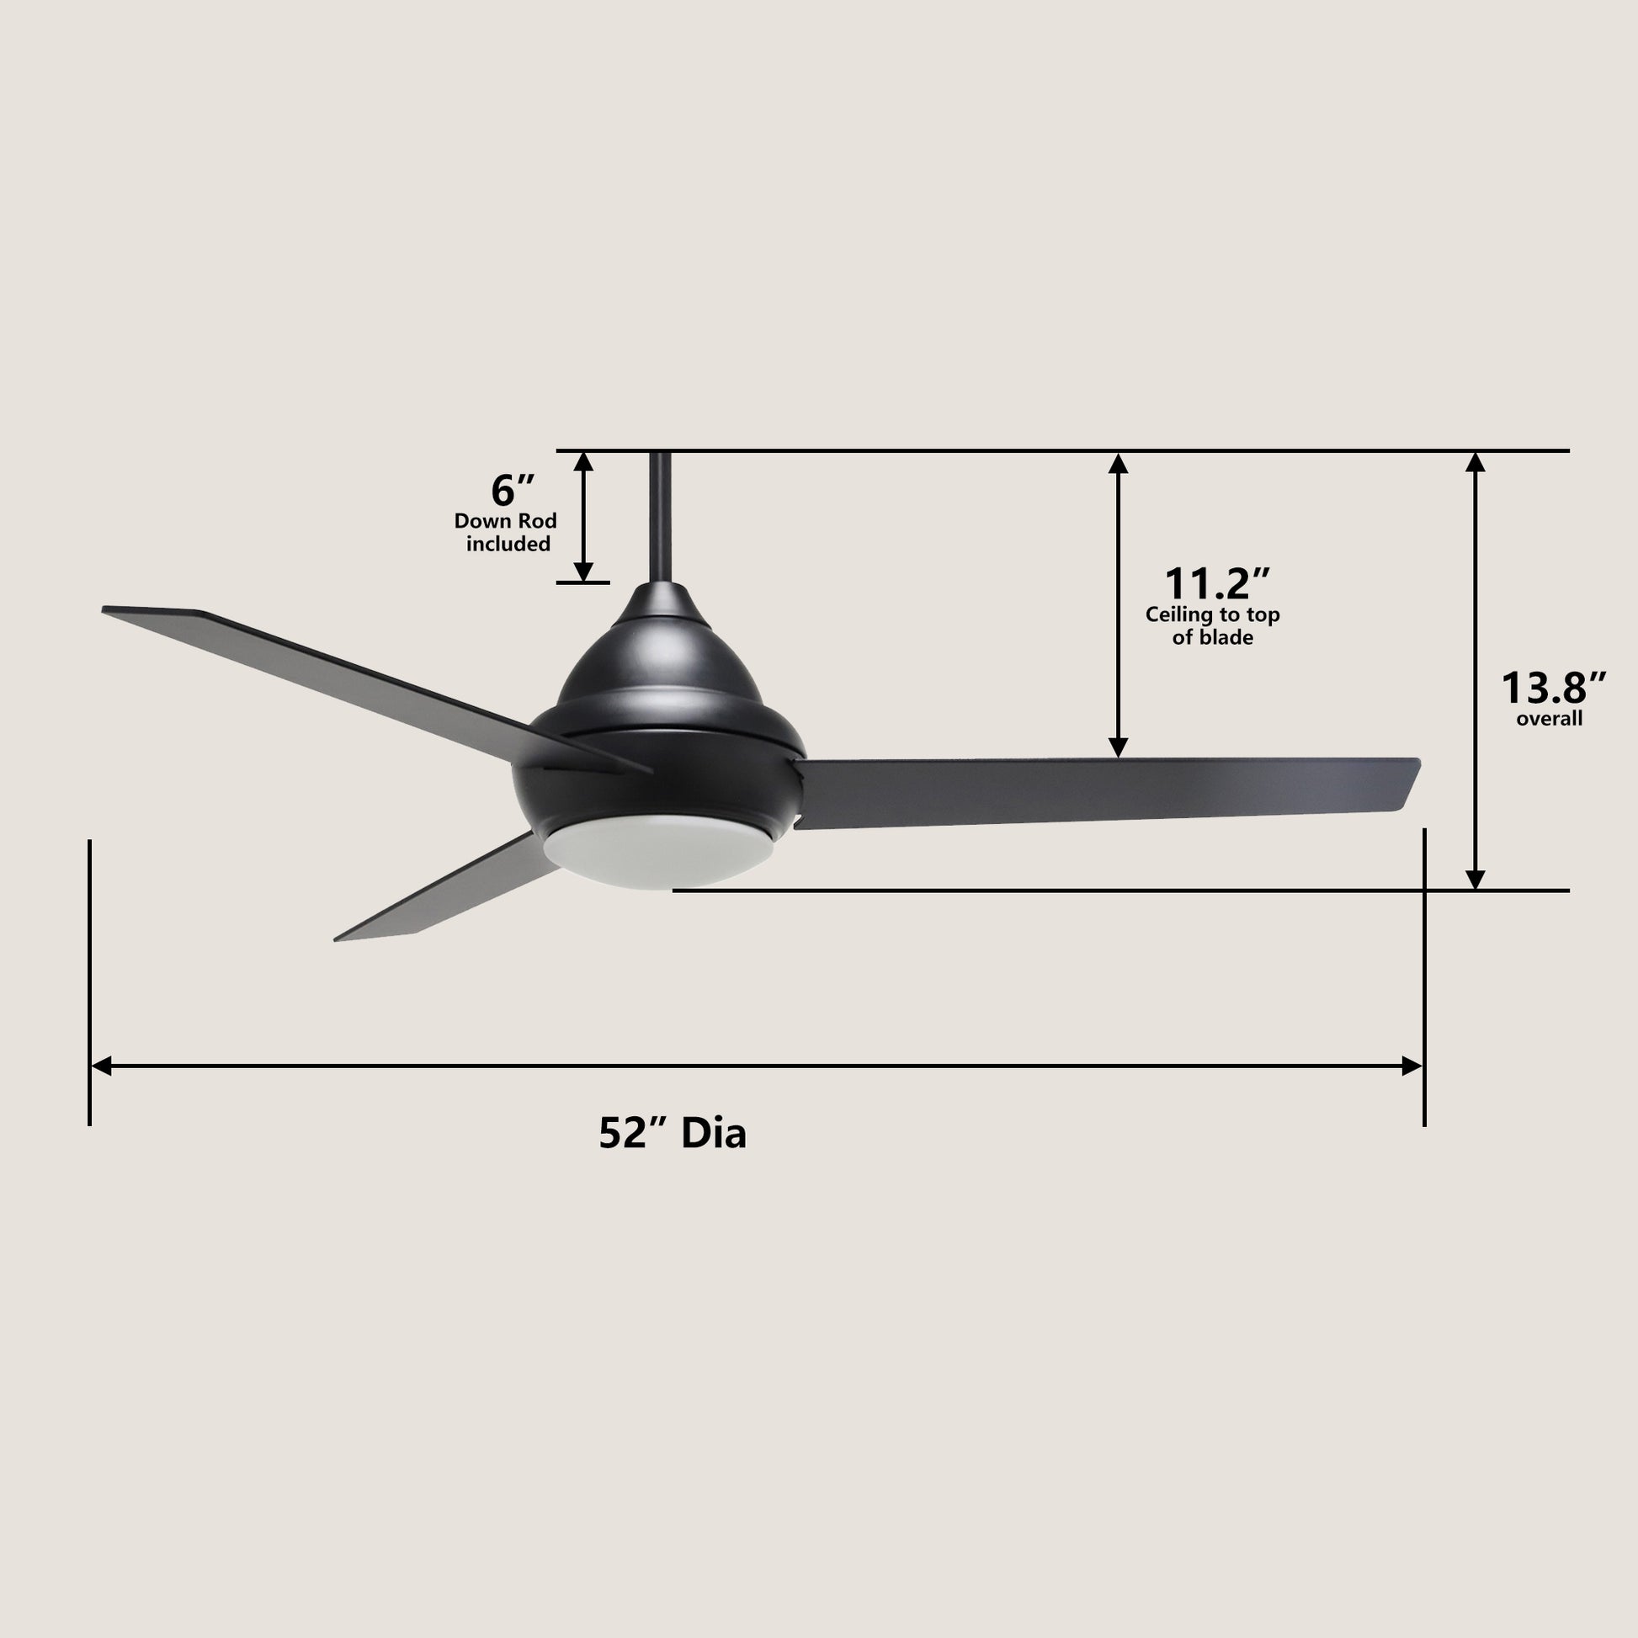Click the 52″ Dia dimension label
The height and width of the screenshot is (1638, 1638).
[x=673, y=1133]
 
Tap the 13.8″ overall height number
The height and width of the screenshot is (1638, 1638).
[x=1553, y=688]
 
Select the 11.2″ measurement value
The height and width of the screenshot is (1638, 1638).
[x=1216, y=583]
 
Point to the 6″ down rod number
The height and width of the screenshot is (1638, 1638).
[x=512, y=490]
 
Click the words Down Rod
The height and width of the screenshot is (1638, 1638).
[x=505, y=520]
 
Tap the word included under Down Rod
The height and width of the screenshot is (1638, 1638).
[x=508, y=544]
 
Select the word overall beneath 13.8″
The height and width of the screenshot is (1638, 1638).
[x=1549, y=719]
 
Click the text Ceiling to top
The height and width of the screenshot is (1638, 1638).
[x=1212, y=614]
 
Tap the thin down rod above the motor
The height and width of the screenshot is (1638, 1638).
[x=661, y=517]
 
